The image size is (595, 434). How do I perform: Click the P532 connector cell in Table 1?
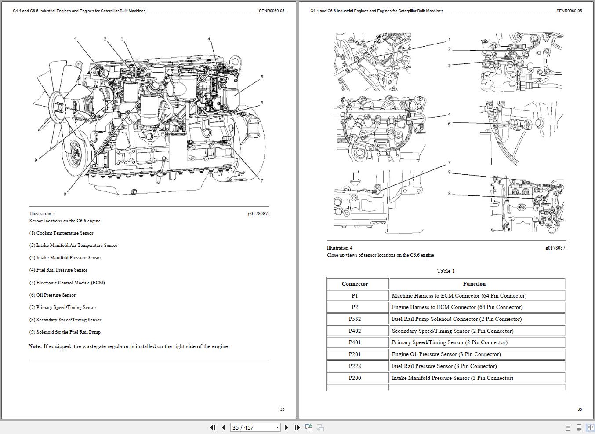click(355, 319)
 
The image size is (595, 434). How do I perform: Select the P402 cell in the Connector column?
click(355, 331)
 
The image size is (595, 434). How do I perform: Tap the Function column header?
click(474, 284)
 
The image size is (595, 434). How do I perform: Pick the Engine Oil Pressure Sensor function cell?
click(446, 354)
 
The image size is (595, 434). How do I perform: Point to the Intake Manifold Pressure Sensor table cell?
click(452, 378)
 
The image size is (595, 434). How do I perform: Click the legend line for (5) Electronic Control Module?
click(67, 283)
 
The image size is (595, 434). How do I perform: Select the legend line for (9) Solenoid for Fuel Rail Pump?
click(65, 332)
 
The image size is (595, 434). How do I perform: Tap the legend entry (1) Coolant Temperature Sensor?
click(61, 233)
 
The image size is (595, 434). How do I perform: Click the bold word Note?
click(35, 346)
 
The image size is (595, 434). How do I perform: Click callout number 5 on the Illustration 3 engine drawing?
click(262, 77)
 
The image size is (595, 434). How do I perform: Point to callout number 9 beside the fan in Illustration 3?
click(36, 160)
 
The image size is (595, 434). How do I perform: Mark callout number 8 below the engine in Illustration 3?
click(65, 194)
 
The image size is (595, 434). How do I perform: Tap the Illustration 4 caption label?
click(339, 248)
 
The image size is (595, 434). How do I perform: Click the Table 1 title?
click(446, 271)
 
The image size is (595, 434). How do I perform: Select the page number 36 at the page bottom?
click(580, 409)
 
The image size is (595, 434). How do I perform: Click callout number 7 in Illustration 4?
click(449, 163)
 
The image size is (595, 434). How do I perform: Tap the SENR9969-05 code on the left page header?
click(272, 11)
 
